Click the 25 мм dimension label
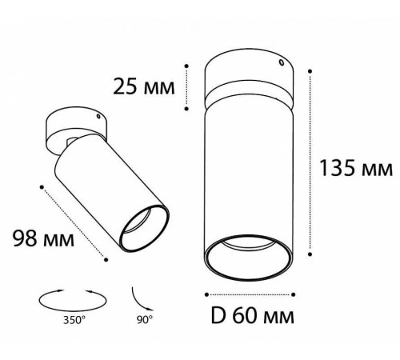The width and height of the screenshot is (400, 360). tap(144, 86)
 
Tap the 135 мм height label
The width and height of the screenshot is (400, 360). tap(356, 168)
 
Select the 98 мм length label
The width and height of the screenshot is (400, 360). tap(43, 238)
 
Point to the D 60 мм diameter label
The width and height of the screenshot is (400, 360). tap(252, 316)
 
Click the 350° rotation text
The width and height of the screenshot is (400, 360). tap(74, 320)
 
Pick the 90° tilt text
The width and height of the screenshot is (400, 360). tap(145, 319)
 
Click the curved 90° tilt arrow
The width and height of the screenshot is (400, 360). tap(140, 301)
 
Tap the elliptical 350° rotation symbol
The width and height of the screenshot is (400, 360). tap(72, 300)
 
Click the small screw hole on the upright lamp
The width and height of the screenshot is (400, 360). tap(281, 62)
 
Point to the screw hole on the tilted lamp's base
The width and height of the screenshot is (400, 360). tap(98, 116)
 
